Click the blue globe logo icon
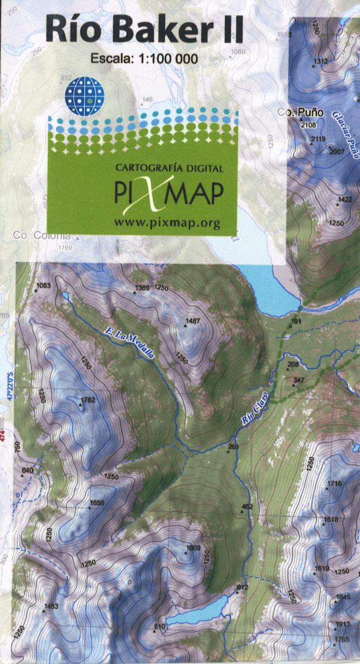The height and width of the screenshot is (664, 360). click(85, 93)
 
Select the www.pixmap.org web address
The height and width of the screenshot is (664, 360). click(167, 223)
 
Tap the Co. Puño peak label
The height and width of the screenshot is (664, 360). click(301, 112)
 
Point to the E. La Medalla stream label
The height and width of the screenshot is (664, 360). click(129, 343)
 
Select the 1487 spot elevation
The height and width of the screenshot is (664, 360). click(193, 321)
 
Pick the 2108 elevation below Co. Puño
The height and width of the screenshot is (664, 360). click(308, 126)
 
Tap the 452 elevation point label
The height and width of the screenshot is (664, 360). click(246, 506)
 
